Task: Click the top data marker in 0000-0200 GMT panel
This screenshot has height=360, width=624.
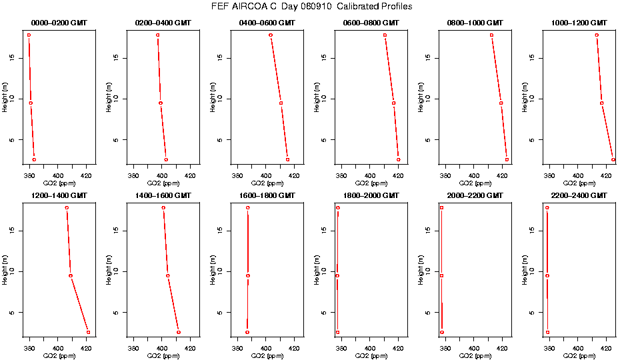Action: click(29, 35)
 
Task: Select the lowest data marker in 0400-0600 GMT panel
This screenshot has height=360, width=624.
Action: click(287, 159)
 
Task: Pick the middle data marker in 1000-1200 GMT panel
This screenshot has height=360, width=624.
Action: click(601, 103)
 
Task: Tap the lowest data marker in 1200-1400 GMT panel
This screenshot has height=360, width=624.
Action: click(88, 332)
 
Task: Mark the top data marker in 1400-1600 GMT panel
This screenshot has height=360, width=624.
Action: click(163, 208)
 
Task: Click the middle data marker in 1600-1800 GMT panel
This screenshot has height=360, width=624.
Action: click(248, 275)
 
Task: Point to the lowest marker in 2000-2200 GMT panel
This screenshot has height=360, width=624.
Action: click(441, 332)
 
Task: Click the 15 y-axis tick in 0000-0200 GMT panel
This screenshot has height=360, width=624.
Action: click(13, 58)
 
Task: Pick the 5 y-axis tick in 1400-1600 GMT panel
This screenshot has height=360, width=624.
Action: click(117, 312)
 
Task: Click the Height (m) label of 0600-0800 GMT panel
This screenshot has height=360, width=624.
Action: click(317, 97)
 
